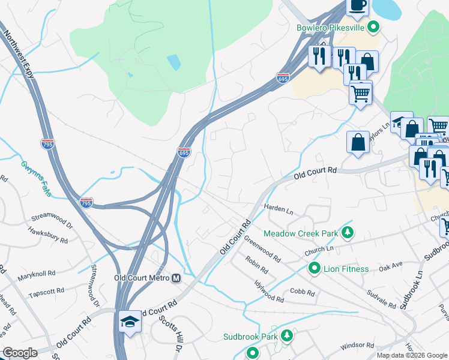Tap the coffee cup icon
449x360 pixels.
tap(358, 5)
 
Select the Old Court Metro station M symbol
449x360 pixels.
tap(176, 278)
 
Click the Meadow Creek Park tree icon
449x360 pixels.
tap(346, 232)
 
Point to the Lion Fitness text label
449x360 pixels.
tap(346, 269)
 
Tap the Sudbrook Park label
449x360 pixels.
tap(250, 337)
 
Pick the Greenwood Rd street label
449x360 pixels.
tap(262, 248)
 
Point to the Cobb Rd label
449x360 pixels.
tap(303, 293)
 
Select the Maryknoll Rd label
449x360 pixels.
tap(36, 273)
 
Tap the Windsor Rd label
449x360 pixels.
tap(357, 346)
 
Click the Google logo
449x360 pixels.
tap(20, 353)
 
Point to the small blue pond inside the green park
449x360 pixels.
tap(173, 62)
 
